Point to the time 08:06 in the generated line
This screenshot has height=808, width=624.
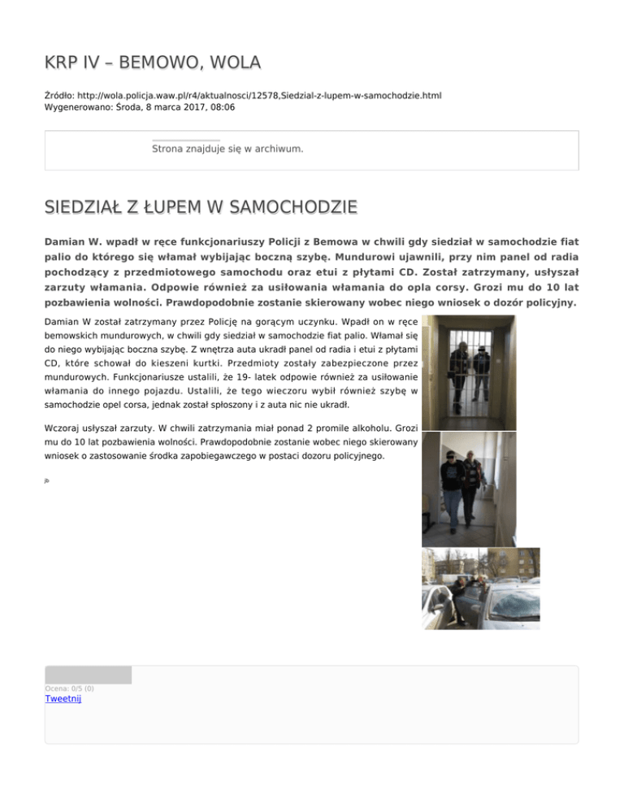tap(222, 106)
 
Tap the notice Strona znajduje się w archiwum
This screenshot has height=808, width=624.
tap(227, 149)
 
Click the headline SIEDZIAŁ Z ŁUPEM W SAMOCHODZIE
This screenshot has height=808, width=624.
tap(201, 207)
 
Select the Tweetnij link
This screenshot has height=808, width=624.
tap(63, 698)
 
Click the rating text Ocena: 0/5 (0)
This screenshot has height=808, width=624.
tap(69, 689)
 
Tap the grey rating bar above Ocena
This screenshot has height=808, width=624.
tap(88, 675)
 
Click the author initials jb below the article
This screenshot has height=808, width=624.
tap(47, 480)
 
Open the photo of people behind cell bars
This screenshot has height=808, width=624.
tap(469, 372)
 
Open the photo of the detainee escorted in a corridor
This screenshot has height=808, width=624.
tap(468, 489)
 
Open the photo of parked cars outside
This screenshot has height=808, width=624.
tap(480, 588)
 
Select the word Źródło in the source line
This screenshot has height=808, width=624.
tap(59, 95)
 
